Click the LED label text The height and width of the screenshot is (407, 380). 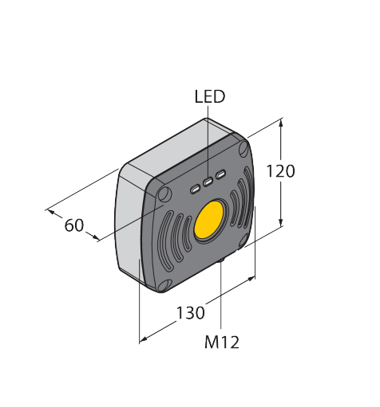[x=210, y=96]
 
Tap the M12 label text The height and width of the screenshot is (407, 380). [x=222, y=342]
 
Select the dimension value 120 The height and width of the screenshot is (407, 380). [x=280, y=171]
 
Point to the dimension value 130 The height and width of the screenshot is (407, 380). [x=191, y=312]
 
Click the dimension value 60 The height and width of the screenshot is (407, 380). [x=74, y=225]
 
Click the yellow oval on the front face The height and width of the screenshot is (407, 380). [x=209, y=220]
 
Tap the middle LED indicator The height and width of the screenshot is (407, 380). [x=208, y=182]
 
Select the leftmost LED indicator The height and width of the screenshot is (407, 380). [x=195, y=189]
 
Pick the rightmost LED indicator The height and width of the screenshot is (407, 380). [x=220, y=174]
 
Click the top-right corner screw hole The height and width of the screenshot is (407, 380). [x=243, y=149]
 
